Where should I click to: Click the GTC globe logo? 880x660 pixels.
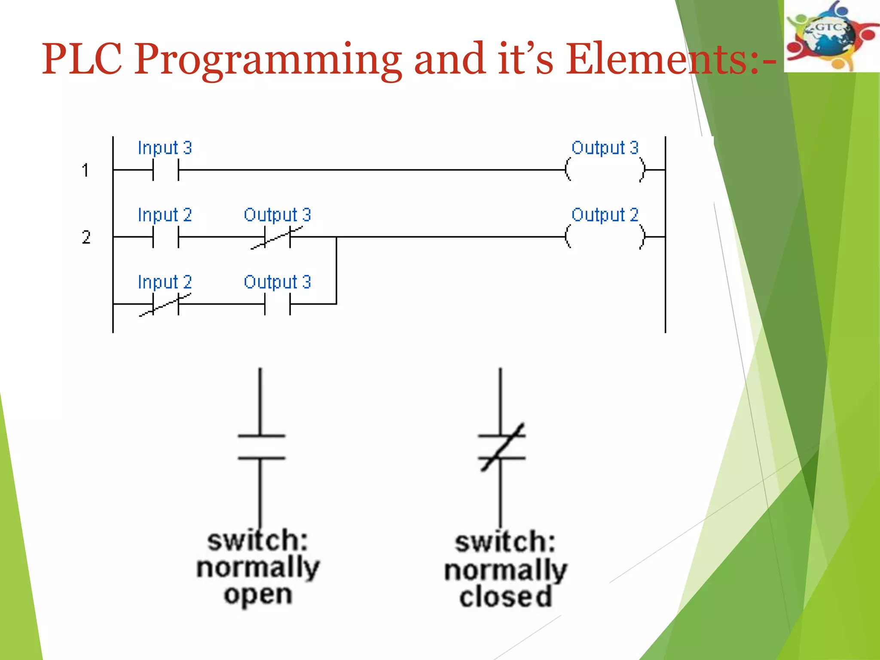[x=831, y=36]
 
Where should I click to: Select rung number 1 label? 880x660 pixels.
[x=86, y=170]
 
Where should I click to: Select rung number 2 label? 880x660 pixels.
[x=86, y=237]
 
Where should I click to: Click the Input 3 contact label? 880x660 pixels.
[x=165, y=148]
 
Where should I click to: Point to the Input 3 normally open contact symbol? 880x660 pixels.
[x=165, y=170]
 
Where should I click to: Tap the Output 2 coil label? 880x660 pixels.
[x=605, y=215]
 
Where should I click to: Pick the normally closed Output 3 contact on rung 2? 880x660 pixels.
[x=277, y=237]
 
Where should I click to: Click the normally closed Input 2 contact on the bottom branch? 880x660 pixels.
[x=165, y=304]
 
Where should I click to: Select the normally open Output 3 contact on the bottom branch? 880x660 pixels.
[x=277, y=304]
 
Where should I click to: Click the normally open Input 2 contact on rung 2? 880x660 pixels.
[x=165, y=237]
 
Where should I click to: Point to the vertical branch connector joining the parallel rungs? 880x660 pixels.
[x=336, y=271]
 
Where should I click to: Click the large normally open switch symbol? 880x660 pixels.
[x=261, y=447]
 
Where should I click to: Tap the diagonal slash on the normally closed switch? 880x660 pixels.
[x=502, y=447]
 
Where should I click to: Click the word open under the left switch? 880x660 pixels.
[x=258, y=595]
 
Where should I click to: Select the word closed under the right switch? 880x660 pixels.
[x=505, y=597]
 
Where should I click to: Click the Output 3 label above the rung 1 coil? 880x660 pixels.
[x=605, y=148]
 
